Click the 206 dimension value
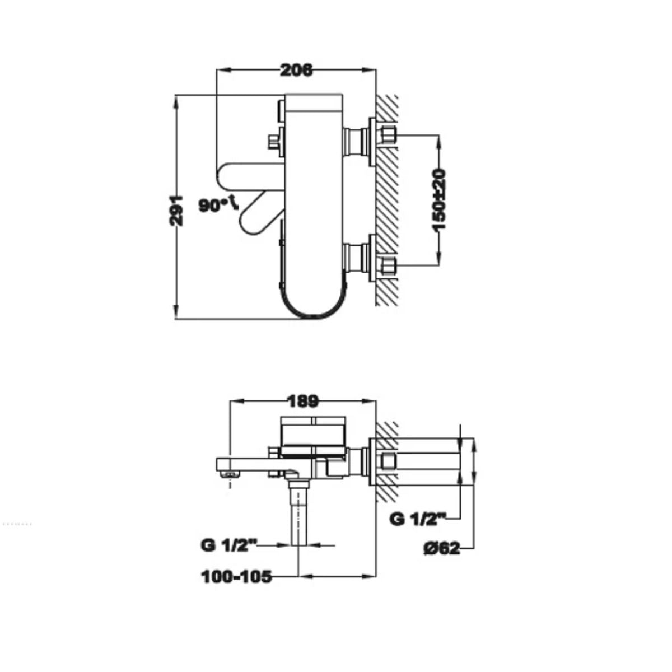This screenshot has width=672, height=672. click(x=296, y=71)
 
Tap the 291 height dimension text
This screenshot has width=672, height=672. click(x=176, y=211)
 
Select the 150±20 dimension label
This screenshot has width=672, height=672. click(x=438, y=200)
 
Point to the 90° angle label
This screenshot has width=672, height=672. click(x=218, y=205)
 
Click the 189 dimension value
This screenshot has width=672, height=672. click(x=302, y=402)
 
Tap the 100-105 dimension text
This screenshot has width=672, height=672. click(x=236, y=577)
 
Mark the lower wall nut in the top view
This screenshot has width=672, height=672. click(x=388, y=266)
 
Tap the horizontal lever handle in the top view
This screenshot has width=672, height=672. click(x=250, y=177)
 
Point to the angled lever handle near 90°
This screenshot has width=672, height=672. click(x=262, y=213)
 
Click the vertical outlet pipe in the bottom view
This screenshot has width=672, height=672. click(x=299, y=517)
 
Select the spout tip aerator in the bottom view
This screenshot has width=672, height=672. click(x=230, y=474)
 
